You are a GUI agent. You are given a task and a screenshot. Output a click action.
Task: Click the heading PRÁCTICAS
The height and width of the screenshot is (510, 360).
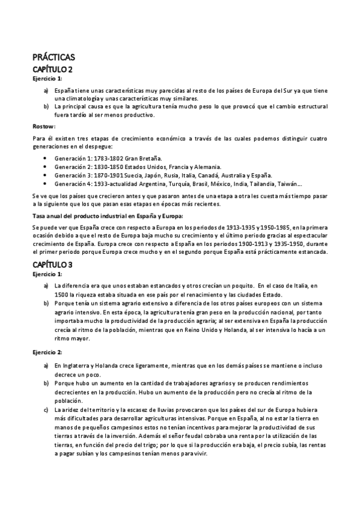click(53, 58)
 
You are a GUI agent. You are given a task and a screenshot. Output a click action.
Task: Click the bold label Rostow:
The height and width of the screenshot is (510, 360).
click(44, 127)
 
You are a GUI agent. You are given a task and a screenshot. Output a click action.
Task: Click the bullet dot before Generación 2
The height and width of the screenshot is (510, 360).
click(46, 167)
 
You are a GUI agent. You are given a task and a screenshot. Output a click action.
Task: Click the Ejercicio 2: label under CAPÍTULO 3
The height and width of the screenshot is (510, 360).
click(47, 352)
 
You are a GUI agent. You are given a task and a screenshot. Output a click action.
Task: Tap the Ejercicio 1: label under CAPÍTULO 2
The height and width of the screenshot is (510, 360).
click(47, 78)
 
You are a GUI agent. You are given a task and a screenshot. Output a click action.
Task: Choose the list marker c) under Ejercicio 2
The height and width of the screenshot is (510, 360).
click(46, 409)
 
